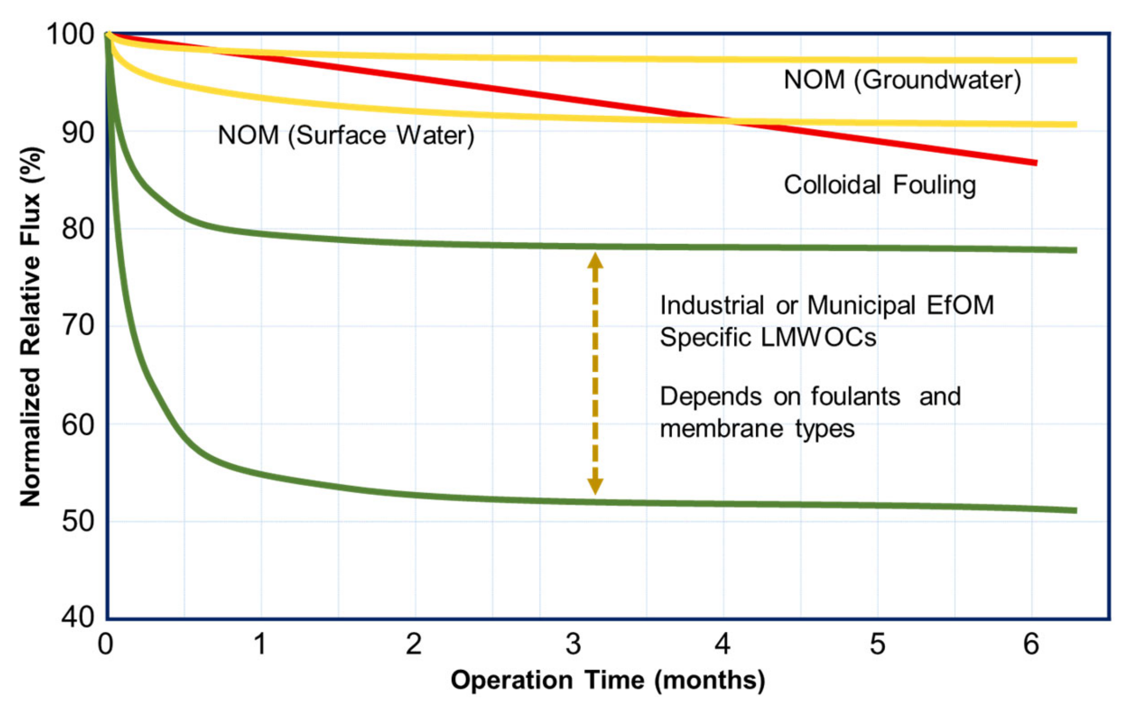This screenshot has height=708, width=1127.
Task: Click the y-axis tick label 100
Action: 70,35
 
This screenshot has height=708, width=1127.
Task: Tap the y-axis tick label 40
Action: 78,617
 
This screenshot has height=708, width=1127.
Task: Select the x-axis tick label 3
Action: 573,644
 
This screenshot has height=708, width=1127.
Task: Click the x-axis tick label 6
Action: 1031,644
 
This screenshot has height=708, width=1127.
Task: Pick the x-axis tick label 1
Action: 260,644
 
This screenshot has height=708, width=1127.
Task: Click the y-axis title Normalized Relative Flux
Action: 31,326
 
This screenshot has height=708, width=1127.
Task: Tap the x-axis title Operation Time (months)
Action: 607,680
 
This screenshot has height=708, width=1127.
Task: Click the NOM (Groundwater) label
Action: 902,80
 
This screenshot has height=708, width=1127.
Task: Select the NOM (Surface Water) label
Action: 346,135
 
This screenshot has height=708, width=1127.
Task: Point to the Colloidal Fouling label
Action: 879,185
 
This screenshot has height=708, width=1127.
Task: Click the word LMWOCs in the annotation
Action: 819,337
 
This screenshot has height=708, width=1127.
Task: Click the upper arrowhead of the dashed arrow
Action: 595,260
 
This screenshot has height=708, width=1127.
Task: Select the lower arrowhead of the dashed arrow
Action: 595,486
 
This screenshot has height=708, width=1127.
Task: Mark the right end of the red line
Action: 1035,163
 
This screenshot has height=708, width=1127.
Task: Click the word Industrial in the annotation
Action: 712,306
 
